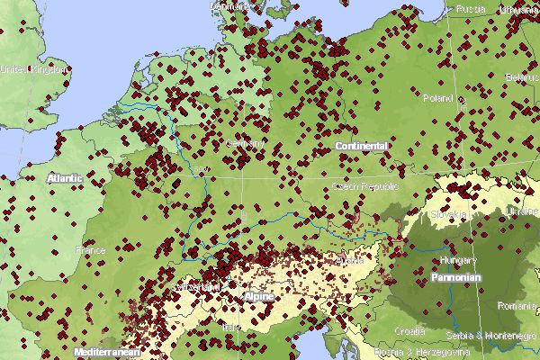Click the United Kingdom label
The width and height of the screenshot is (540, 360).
(34, 69)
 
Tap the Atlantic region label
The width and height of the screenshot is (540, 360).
(65, 178)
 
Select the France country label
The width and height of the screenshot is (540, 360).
(90, 250)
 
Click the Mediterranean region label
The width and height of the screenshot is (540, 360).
(107, 352)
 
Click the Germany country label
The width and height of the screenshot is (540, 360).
(246, 144)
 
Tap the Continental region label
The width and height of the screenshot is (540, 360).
(362, 146)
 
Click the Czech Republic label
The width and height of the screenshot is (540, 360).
(359, 186)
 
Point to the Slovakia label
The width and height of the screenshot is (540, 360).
(448, 215)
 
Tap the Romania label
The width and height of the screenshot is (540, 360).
(515, 306)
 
